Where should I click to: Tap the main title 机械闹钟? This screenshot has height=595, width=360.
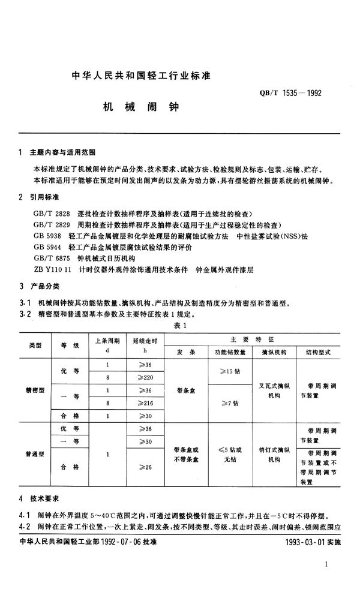pos(138,109)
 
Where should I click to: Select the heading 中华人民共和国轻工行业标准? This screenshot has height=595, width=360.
pos(139,76)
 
